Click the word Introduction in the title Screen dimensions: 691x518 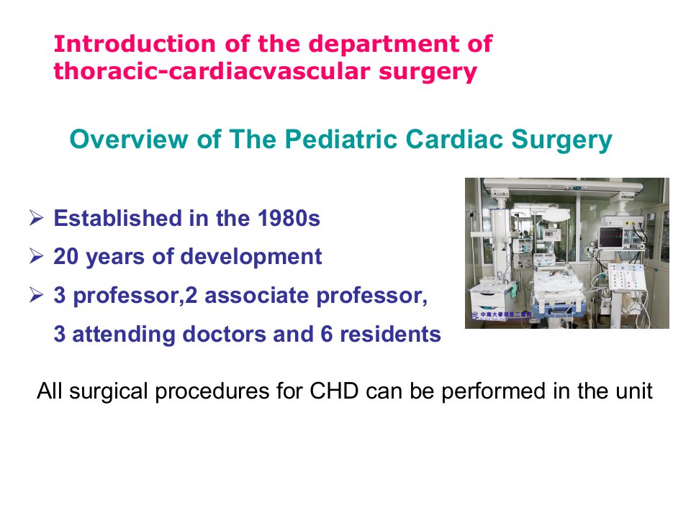(135, 44)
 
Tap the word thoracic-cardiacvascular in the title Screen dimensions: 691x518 (212, 71)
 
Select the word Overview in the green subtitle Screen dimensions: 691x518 (129, 139)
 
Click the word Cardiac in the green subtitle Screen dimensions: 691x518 (454, 139)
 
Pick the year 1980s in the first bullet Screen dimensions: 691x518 (289, 219)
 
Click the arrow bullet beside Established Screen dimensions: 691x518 (36, 217)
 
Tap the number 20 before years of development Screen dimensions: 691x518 (66, 256)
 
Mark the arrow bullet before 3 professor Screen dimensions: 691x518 (36, 294)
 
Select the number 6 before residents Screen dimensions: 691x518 (326, 335)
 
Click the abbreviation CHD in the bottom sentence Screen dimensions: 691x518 (334, 391)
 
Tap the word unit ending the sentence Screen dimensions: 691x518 (636, 391)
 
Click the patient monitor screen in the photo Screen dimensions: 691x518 (611, 237)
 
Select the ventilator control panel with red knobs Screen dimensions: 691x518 (627, 278)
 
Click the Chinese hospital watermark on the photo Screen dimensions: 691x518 (502, 315)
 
